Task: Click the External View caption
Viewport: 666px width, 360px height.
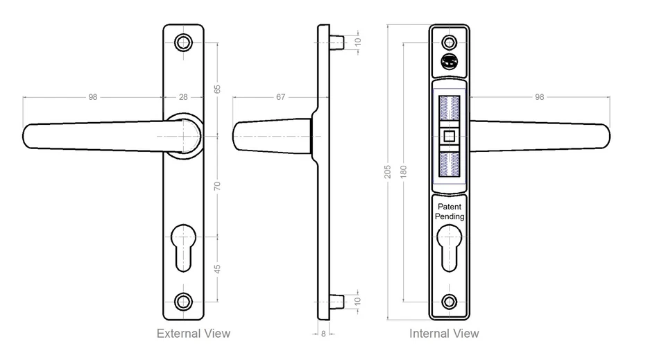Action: coord(193,334)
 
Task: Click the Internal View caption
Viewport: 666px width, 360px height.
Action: coord(444,334)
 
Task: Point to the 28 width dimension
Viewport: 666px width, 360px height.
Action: coord(183,97)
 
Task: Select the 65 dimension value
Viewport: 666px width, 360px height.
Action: coord(217,89)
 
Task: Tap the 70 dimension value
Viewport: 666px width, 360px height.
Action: coord(217,185)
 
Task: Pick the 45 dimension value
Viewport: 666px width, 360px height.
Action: coord(217,269)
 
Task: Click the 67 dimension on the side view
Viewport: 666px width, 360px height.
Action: coord(280,97)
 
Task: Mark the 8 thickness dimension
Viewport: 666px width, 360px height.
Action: coord(323,334)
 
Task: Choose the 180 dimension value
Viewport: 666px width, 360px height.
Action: coord(404,171)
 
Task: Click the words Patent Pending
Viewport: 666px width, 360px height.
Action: coord(450,212)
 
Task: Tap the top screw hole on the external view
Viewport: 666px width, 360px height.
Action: coord(184,43)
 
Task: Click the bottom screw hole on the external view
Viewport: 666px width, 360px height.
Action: coord(184,301)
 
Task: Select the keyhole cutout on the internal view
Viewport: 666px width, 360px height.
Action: coord(450,250)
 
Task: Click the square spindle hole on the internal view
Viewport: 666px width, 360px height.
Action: coord(450,136)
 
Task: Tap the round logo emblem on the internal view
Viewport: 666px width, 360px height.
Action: coord(450,62)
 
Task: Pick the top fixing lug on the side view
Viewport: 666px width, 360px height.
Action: coord(338,41)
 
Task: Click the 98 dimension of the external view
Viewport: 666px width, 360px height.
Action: coord(93,97)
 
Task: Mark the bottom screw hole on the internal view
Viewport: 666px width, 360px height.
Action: coord(450,301)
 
